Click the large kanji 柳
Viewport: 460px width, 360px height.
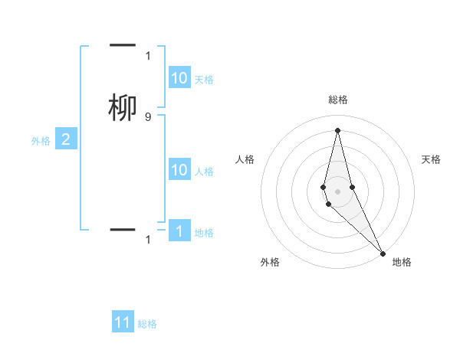(x=123, y=108)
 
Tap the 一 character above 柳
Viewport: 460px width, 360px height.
(x=123, y=46)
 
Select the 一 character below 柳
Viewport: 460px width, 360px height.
(x=123, y=229)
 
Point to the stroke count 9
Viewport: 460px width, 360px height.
(x=148, y=116)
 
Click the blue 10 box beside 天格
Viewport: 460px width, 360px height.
(x=179, y=78)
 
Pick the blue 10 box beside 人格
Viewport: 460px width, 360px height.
(x=179, y=170)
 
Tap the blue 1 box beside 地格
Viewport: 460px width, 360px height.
(x=179, y=231)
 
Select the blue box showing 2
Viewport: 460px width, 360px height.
(x=66, y=139)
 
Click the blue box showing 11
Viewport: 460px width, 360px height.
(x=123, y=322)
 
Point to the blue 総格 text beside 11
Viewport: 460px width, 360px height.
(x=147, y=324)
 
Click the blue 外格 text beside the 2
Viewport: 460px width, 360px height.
(x=41, y=141)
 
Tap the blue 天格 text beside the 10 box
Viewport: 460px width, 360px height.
(x=204, y=80)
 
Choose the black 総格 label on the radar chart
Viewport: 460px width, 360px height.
(x=338, y=100)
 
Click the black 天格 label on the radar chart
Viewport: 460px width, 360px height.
(x=432, y=159)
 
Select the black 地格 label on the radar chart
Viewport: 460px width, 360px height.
(x=402, y=263)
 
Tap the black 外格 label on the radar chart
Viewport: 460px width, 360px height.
(x=270, y=263)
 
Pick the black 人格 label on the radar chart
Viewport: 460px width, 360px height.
(x=245, y=159)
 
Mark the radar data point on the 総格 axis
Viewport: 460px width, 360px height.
(x=338, y=129)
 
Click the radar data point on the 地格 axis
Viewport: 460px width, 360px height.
(x=383, y=253)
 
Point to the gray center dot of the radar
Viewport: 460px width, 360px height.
(x=338, y=191)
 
